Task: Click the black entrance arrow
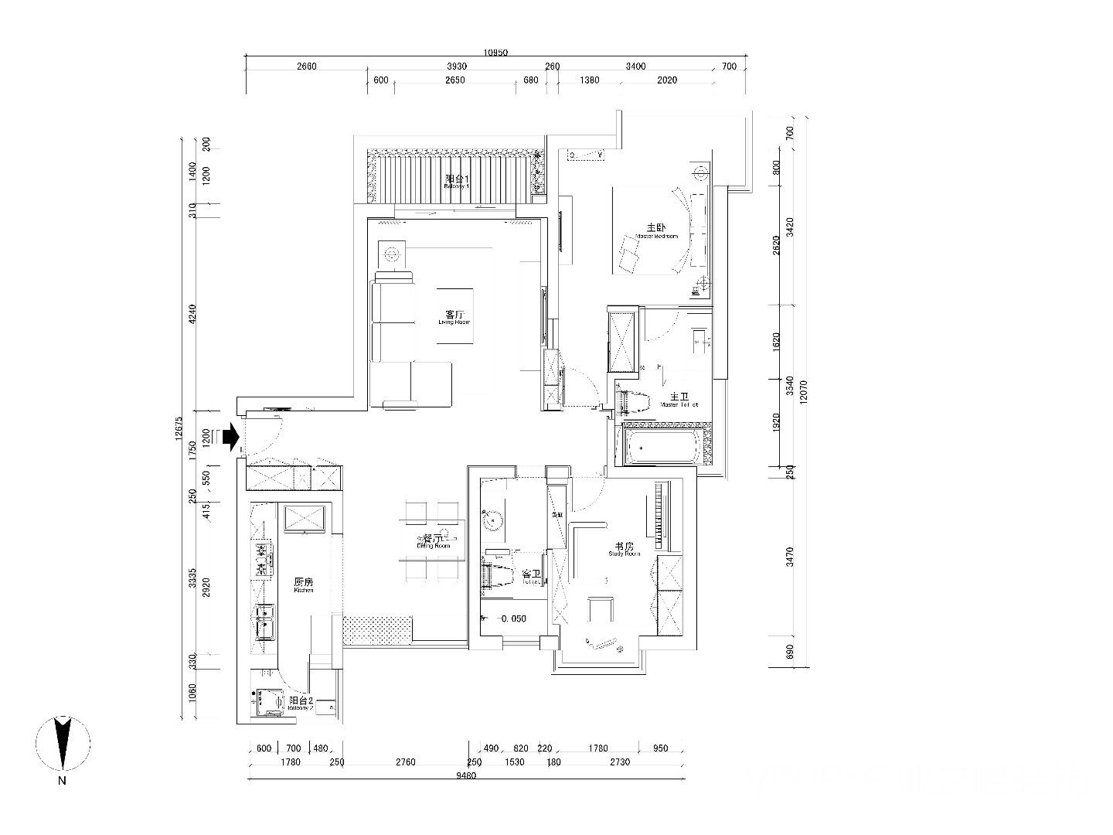pos(230,438)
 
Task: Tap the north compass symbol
pos(62,744)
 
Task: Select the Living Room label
pos(454,317)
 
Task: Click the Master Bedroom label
pos(656,231)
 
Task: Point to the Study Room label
pos(625,549)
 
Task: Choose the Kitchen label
pos(304,584)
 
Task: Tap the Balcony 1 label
pos(457,182)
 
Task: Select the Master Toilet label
pos(679,398)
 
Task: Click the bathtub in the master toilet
pos(662,448)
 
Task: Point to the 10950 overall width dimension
pos(495,53)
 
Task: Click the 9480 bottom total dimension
pos(467,776)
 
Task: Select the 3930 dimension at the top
pos(458,66)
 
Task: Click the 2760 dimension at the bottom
pos(406,762)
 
